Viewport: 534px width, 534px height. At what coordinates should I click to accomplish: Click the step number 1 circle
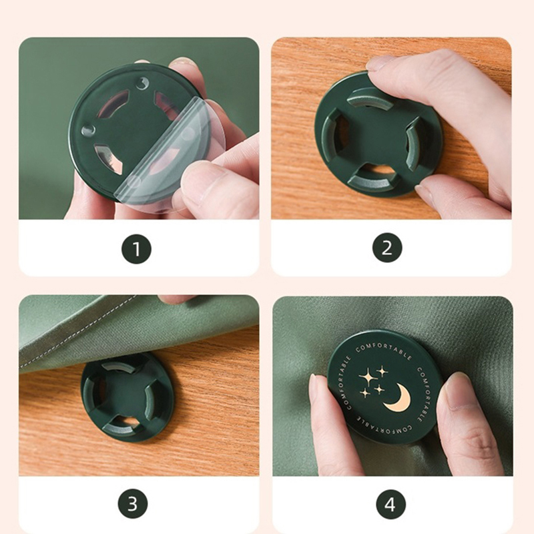pos(136,249)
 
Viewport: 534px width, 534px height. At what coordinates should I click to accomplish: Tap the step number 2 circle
pos(387,248)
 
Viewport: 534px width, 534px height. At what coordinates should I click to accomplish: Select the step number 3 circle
pos(133,503)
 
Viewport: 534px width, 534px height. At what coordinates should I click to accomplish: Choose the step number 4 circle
pos(390,505)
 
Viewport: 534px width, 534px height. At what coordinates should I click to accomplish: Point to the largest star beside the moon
pos(368,377)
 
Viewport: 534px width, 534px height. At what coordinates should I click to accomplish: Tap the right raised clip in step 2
pos(413,143)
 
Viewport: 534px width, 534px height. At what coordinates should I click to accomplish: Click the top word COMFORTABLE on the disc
pos(384,349)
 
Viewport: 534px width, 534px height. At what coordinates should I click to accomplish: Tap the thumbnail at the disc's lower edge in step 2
pos(424,195)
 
